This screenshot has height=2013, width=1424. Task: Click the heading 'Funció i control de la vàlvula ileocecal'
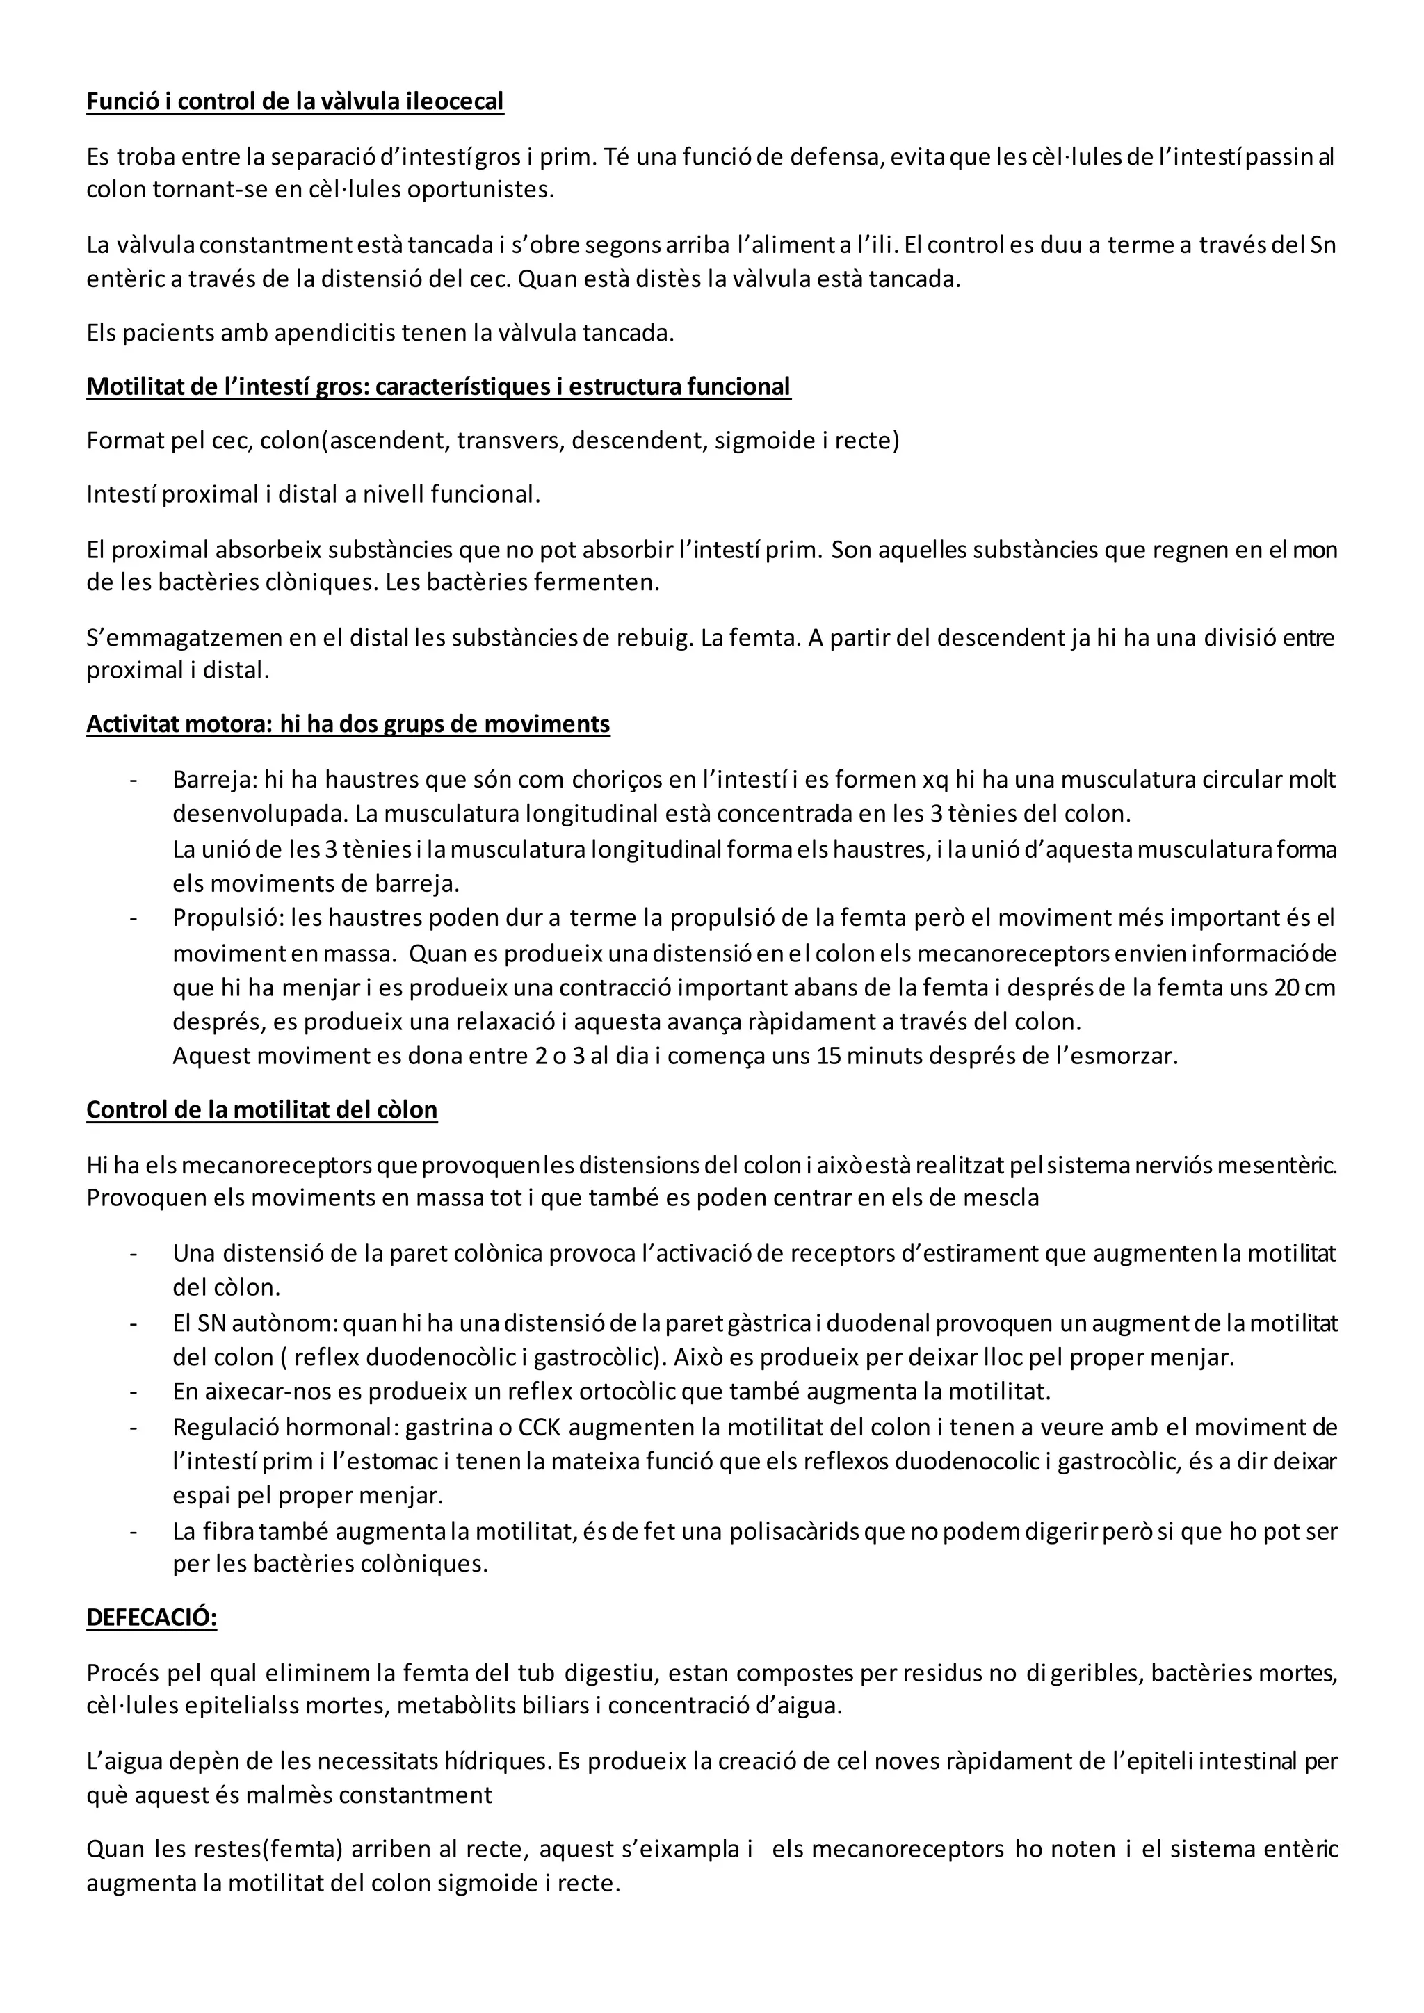pos(295,101)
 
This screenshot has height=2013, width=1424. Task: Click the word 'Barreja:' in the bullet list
pos(215,779)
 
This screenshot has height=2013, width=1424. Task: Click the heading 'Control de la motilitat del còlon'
pos(261,1110)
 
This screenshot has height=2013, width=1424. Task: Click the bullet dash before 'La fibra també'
pos(133,1532)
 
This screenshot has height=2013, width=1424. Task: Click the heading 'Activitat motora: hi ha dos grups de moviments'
pos(348,724)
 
